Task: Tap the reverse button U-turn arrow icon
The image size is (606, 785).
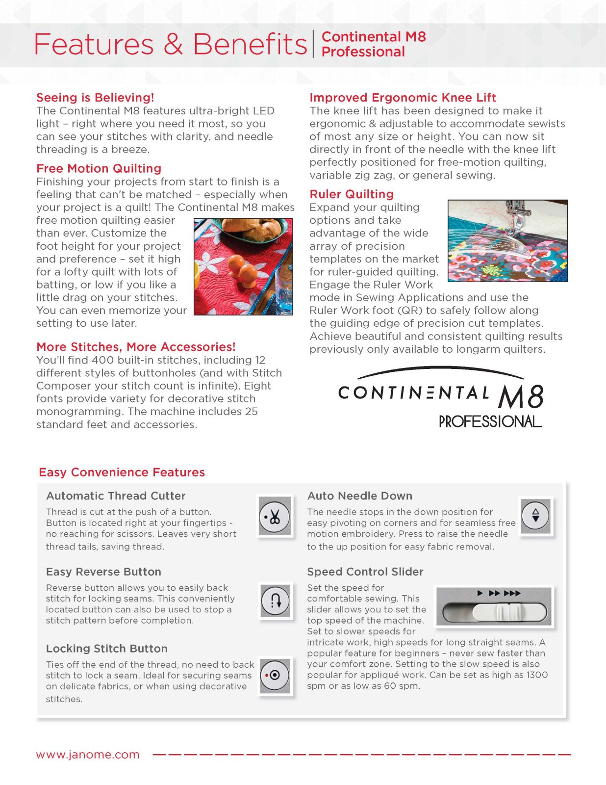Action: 276,600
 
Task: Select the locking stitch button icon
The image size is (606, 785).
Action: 275,675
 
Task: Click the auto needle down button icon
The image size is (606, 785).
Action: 535,515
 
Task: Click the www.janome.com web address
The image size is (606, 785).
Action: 88,755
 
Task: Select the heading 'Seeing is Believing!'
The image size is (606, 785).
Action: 95,98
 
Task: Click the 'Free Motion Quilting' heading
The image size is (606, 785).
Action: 99,169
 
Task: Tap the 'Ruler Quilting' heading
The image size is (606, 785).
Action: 352,194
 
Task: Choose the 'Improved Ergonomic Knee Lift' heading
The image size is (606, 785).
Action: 403,98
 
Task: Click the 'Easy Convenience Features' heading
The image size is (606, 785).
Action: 122,472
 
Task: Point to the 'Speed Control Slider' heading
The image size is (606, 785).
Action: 365,572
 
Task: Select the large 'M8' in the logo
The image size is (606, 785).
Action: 521,396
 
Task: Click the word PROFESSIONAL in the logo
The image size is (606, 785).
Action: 490,422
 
